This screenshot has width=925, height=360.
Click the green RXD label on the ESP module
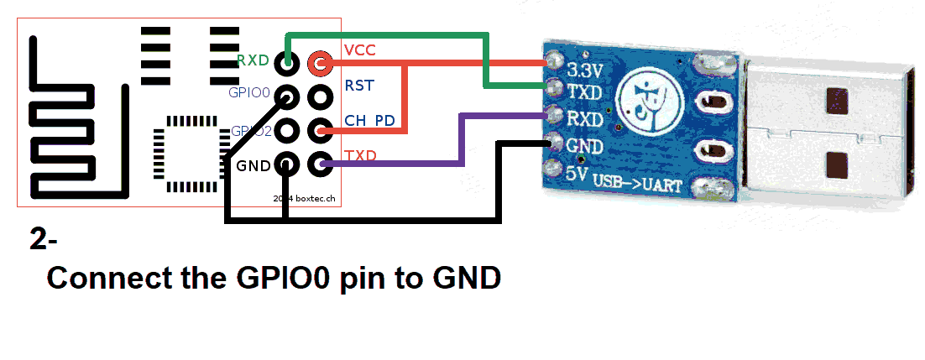[x=253, y=60]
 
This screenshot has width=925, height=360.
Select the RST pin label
[x=359, y=86]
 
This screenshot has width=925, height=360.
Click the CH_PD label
[x=369, y=121]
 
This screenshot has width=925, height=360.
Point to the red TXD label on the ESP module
[x=360, y=156]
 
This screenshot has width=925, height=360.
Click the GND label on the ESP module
[x=253, y=165]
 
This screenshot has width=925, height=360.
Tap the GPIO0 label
[x=248, y=93]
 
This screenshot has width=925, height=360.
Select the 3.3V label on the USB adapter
[x=585, y=68]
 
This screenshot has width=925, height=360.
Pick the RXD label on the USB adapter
[x=585, y=119]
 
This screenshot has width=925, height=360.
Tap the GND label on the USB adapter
[x=585, y=146]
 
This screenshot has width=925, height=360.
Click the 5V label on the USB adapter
[x=576, y=174]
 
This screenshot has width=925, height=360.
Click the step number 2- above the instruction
[x=44, y=239]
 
